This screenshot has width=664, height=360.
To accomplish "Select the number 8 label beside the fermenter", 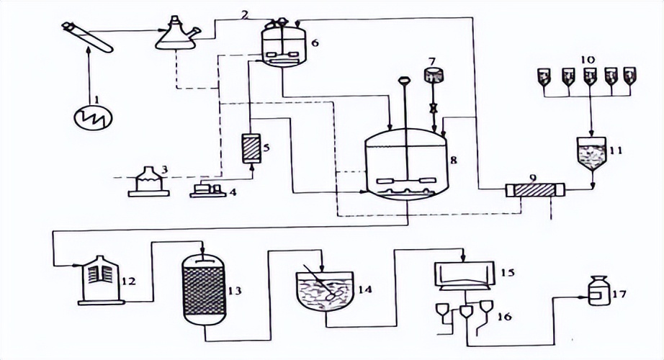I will [452, 161].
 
